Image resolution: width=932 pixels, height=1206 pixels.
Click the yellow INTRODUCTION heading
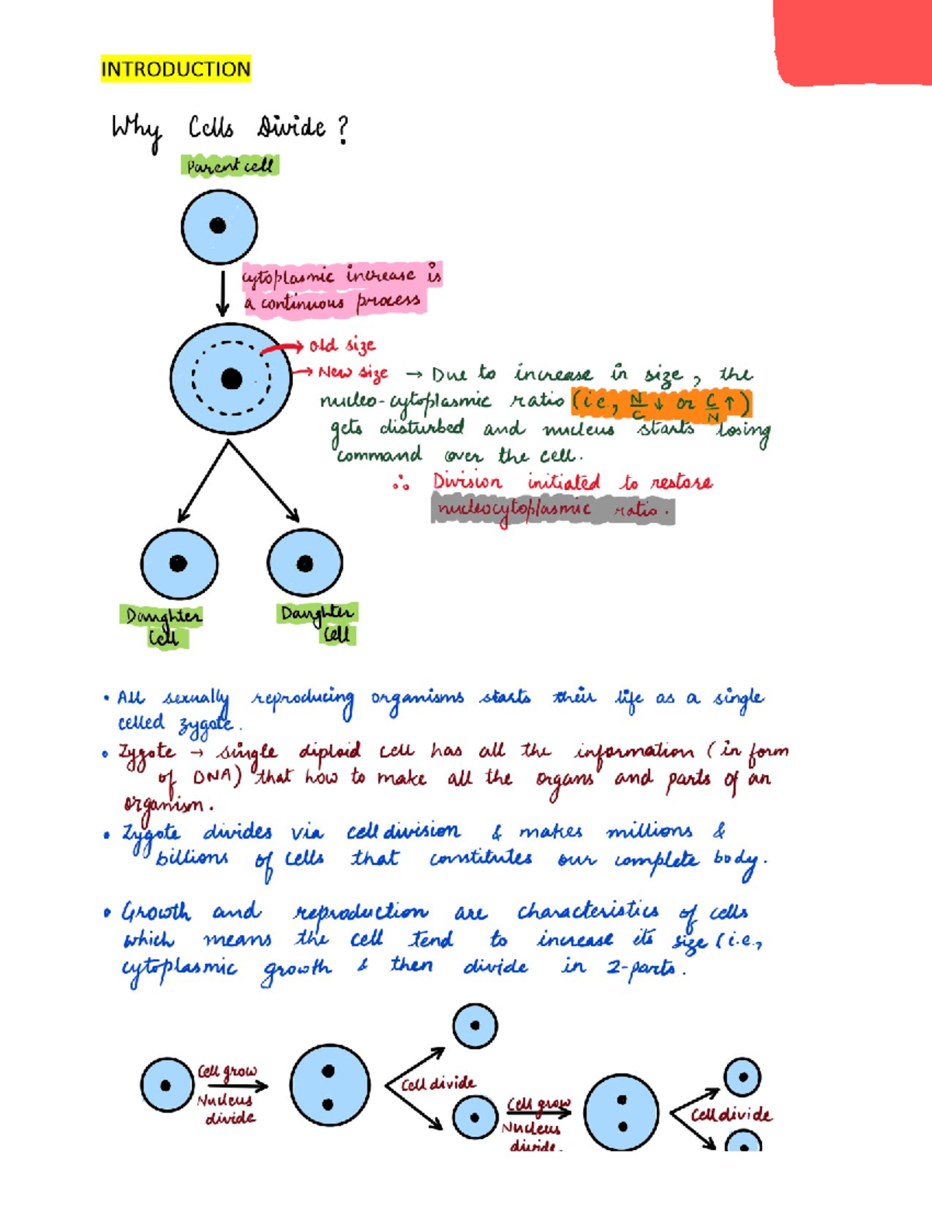176,69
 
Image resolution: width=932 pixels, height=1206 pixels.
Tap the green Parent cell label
230,165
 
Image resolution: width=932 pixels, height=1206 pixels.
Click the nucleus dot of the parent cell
218,225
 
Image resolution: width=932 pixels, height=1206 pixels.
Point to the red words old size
342,345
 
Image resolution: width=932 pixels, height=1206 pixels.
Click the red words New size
353,373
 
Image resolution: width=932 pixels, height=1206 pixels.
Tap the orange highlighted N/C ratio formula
661,405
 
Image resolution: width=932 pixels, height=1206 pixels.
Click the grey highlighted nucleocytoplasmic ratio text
551,509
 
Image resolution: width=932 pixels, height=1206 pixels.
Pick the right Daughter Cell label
318,623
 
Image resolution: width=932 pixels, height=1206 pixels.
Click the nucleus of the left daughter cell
179,563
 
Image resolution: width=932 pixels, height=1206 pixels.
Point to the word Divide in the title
291,127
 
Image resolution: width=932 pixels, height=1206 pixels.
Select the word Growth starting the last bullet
156,912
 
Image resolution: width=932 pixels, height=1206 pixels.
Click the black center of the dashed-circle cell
231,378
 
